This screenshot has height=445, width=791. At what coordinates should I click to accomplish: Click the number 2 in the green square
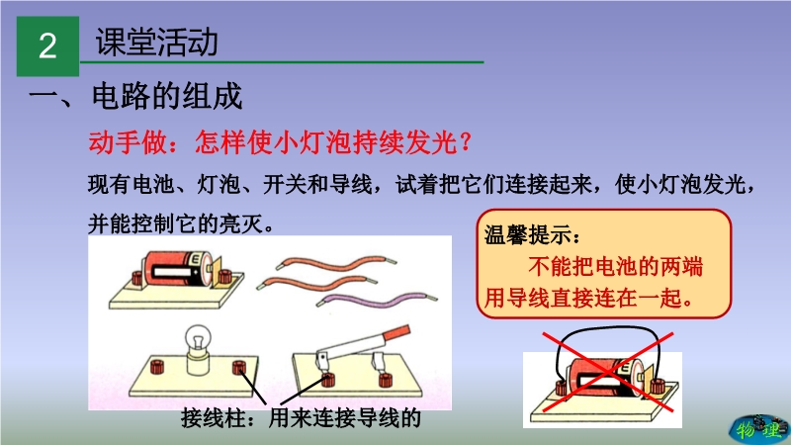pyautogui.click(x=47, y=45)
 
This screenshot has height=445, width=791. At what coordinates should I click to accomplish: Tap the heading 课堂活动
pyautogui.click(x=157, y=42)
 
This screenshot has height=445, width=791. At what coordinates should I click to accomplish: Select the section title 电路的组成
pyautogui.click(x=167, y=95)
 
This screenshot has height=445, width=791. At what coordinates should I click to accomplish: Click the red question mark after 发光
pyautogui.click(x=465, y=141)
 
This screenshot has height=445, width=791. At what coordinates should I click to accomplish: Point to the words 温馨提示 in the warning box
pyautogui.click(x=528, y=235)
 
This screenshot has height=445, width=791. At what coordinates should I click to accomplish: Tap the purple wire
pyautogui.click(x=377, y=300)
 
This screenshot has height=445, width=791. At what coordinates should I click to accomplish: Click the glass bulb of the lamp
pyautogui.click(x=198, y=339)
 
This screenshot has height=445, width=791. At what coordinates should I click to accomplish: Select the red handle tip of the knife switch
pyautogui.click(x=397, y=333)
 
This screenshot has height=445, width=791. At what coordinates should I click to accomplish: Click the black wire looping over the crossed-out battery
pyautogui.click(x=605, y=330)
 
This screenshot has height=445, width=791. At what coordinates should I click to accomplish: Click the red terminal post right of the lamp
pyautogui.click(x=239, y=367)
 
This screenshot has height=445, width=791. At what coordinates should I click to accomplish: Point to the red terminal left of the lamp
pyautogui.click(x=157, y=366)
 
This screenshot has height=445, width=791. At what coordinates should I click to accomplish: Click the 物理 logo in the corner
pyautogui.click(x=759, y=429)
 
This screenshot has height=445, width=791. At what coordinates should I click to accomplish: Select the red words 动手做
pyautogui.click(x=128, y=141)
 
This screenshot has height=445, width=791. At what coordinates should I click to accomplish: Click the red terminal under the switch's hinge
pyautogui.click(x=328, y=379)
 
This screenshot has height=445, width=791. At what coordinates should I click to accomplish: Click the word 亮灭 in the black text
pyautogui.click(x=240, y=223)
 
